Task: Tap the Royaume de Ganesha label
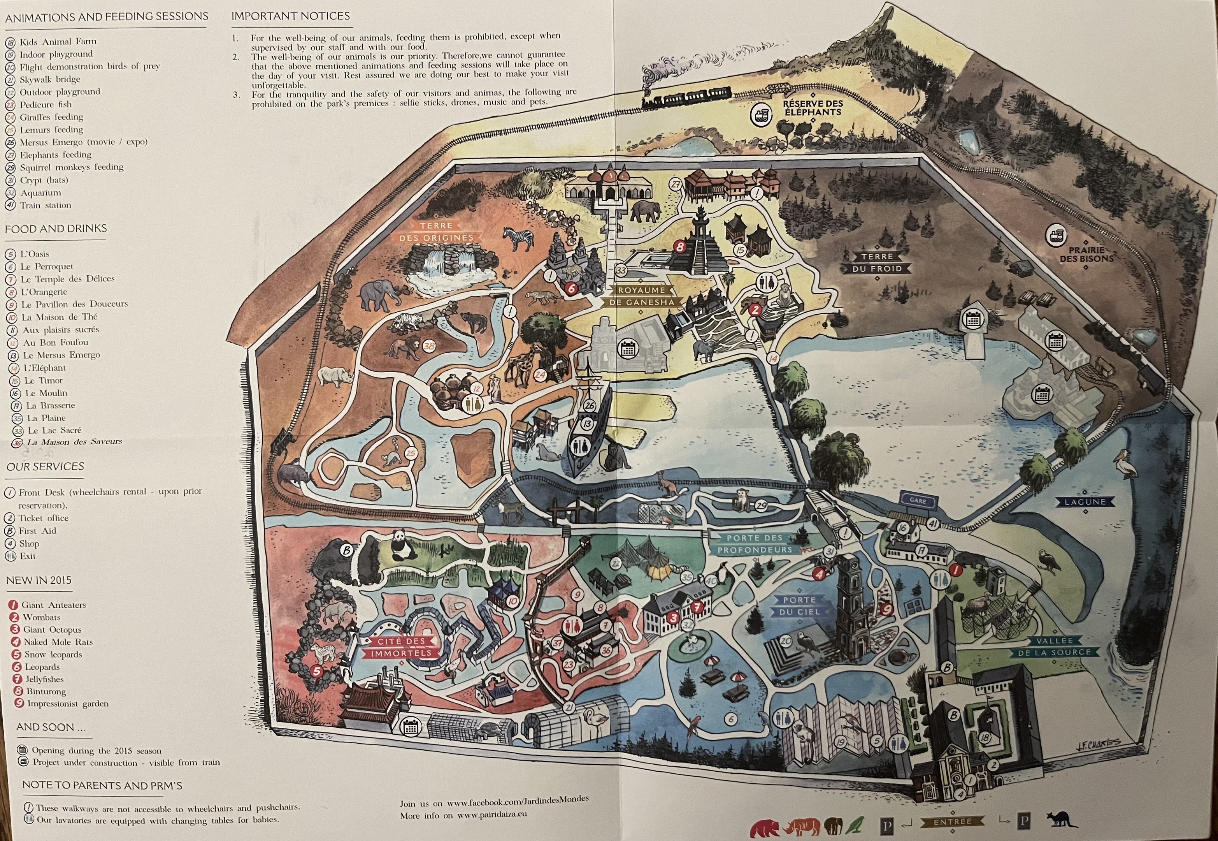(641, 296)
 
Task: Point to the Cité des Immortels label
(401, 647)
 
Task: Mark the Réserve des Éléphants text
(813, 107)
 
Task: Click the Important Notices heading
(290, 16)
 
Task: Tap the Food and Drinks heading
(56, 229)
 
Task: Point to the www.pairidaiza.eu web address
(492, 815)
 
